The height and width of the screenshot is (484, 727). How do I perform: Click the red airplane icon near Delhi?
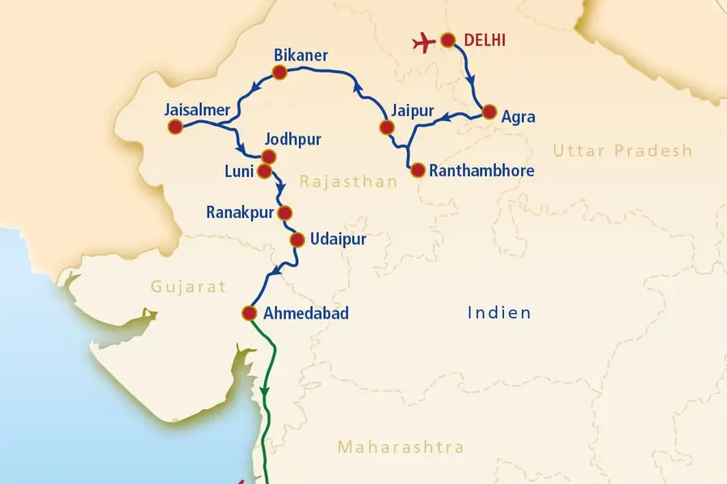[x=424, y=42]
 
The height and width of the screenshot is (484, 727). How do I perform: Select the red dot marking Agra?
[x=489, y=113]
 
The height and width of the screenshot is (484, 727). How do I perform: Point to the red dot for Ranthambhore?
[x=417, y=170]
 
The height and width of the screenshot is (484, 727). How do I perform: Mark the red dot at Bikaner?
[x=280, y=73]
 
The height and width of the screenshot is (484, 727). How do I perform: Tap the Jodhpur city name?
[x=292, y=140]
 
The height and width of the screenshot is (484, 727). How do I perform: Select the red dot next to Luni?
[x=263, y=171]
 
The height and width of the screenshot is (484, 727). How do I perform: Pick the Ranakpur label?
[x=239, y=213]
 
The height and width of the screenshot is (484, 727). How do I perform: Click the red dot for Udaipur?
[x=296, y=240]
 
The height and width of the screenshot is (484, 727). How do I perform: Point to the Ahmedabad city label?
[x=307, y=314]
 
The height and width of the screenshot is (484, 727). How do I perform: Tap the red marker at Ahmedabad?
[x=249, y=314]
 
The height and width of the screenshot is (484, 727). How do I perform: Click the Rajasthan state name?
[x=348, y=182]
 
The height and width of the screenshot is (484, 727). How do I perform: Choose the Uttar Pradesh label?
[x=623, y=150]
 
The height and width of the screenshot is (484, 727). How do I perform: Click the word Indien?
[x=499, y=312]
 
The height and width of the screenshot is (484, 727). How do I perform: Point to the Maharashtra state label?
[x=401, y=447]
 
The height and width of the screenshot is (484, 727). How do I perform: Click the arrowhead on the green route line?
[x=264, y=392]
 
